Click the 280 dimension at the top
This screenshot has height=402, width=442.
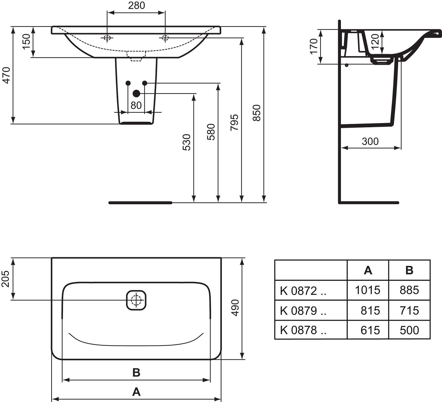136,6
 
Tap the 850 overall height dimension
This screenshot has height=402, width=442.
257,113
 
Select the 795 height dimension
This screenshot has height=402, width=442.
234,122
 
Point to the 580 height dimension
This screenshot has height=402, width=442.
211,132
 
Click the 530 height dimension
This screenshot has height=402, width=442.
187,142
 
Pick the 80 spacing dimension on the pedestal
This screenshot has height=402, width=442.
136,105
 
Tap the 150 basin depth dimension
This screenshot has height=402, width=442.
26,41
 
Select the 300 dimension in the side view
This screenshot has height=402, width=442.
370,141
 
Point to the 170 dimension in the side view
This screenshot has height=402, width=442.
314,46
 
